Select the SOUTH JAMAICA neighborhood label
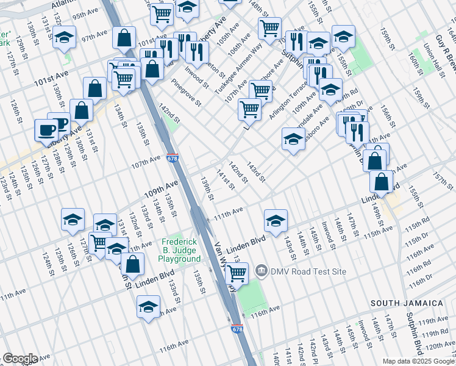point(407,303)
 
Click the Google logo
point(20,359)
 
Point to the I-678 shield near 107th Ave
point(173,159)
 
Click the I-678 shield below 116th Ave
point(237,329)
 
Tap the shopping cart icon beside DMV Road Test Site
point(237,273)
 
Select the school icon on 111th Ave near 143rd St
point(276,220)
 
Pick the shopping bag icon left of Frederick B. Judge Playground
point(132,264)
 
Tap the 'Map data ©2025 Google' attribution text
point(416,361)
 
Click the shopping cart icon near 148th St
point(269,27)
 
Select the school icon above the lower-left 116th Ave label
point(148,307)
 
